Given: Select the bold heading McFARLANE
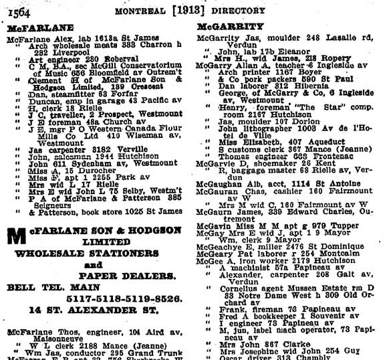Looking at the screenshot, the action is coord(31,29).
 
